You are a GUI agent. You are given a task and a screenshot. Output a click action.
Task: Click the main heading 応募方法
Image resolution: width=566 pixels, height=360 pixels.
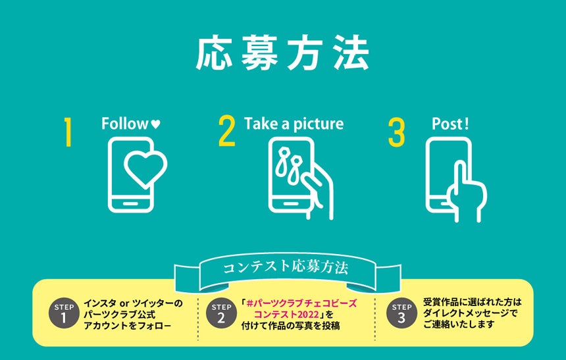[282, 53]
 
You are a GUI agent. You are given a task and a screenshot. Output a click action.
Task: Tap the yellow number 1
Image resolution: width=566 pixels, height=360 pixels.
[68, 132]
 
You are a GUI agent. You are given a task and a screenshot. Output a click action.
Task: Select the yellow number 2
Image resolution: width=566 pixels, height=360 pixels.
[226, 131]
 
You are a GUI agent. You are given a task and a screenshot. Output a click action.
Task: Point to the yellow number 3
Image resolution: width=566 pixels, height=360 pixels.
[396, 132]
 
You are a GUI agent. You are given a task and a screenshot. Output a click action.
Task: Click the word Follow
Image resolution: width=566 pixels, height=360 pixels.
[124, 124]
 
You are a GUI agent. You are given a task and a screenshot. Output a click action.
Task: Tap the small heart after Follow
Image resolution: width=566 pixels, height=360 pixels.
[155, 124]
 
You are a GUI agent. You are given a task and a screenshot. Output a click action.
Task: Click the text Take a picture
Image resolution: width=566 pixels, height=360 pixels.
[294, 124]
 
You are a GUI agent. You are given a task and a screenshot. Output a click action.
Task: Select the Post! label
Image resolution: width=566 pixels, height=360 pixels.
[450, 124]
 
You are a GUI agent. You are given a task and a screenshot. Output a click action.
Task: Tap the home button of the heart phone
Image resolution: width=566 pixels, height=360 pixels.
[130, 203]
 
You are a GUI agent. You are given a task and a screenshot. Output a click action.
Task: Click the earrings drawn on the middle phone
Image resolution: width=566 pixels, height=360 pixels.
[289, 165]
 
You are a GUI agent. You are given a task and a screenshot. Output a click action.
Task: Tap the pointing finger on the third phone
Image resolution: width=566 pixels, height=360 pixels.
[460, 177]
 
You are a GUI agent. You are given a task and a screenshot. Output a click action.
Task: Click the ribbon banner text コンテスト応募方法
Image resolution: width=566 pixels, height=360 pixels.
[286, 268]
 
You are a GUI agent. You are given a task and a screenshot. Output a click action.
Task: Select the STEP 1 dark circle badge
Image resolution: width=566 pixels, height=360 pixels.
[64, 313]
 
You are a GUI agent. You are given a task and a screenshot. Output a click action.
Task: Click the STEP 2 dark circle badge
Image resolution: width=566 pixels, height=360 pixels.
[221, 313]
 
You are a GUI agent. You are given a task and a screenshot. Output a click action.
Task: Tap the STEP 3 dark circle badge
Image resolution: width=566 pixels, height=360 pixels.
[401, 313]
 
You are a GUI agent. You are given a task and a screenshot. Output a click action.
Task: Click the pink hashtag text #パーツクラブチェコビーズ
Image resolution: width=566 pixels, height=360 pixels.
[301, 303]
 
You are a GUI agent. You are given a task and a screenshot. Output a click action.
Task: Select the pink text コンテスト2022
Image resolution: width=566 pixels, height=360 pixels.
[286, 314]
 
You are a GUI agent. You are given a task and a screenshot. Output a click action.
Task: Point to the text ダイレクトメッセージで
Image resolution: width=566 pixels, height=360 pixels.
[471, 313]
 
